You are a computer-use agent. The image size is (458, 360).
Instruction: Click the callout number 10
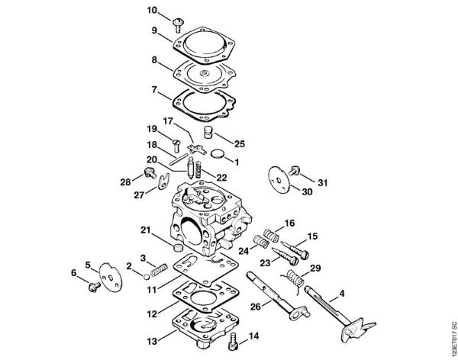152,10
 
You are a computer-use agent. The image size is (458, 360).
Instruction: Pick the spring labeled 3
156,270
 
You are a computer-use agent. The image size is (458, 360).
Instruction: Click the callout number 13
151,341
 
